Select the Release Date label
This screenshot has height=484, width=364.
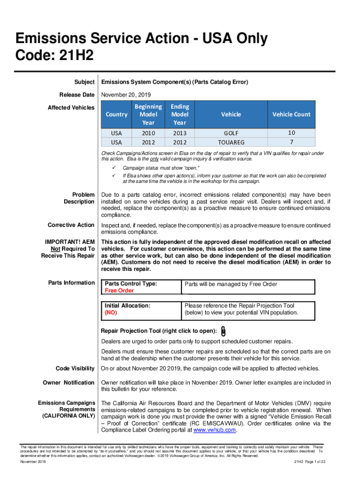74,95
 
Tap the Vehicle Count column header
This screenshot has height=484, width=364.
291,114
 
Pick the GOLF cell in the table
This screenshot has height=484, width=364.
231,133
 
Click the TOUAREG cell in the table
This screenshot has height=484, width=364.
231,142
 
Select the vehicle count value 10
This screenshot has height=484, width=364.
291,133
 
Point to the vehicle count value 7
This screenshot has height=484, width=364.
291,141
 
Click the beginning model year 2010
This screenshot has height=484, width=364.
148,133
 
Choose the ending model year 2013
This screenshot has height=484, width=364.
179,133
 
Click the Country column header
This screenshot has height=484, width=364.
116,114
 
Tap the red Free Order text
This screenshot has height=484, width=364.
119,291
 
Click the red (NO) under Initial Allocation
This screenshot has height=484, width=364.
111,313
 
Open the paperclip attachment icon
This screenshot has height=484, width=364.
223,330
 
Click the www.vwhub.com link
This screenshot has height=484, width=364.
216,430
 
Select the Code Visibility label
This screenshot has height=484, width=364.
75,369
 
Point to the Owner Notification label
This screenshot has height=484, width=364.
69,382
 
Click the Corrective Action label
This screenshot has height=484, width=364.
71,225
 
